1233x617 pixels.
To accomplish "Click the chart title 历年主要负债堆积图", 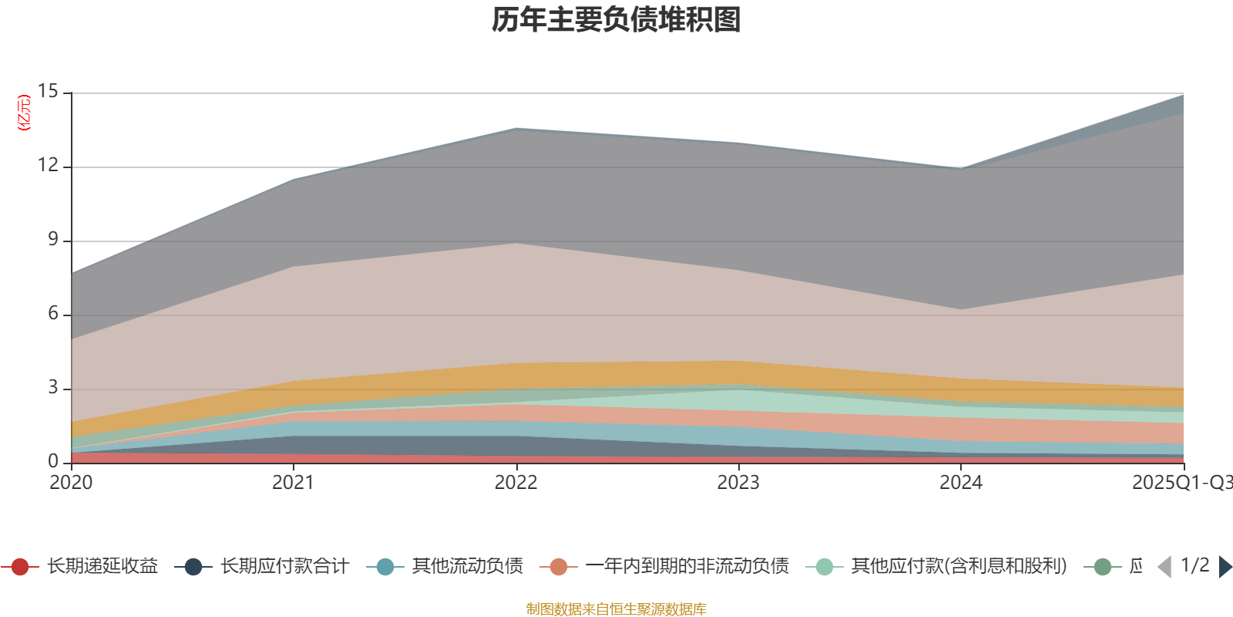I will point(616,20).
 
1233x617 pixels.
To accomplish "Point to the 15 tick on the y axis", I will point(48,92).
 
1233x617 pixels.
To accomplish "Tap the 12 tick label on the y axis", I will point(48,166).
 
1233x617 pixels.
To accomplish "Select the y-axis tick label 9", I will point(52,240).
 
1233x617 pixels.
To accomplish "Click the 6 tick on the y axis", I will point(52,314).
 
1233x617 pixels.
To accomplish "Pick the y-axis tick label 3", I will point(52,388).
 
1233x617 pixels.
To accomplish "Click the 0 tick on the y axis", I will point(52,462).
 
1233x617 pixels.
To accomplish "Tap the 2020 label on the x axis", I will point(71,483).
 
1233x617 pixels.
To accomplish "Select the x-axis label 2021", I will point(293,483).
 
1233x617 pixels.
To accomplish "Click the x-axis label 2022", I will point(516,483).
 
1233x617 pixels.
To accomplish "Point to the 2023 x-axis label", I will point(738,483).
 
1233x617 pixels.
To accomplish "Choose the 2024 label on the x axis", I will point(960,483).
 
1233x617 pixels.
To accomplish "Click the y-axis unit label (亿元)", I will point(24,113).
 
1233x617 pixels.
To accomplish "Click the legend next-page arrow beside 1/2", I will point(1225,567).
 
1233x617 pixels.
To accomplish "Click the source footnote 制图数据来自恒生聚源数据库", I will point(616,609).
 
